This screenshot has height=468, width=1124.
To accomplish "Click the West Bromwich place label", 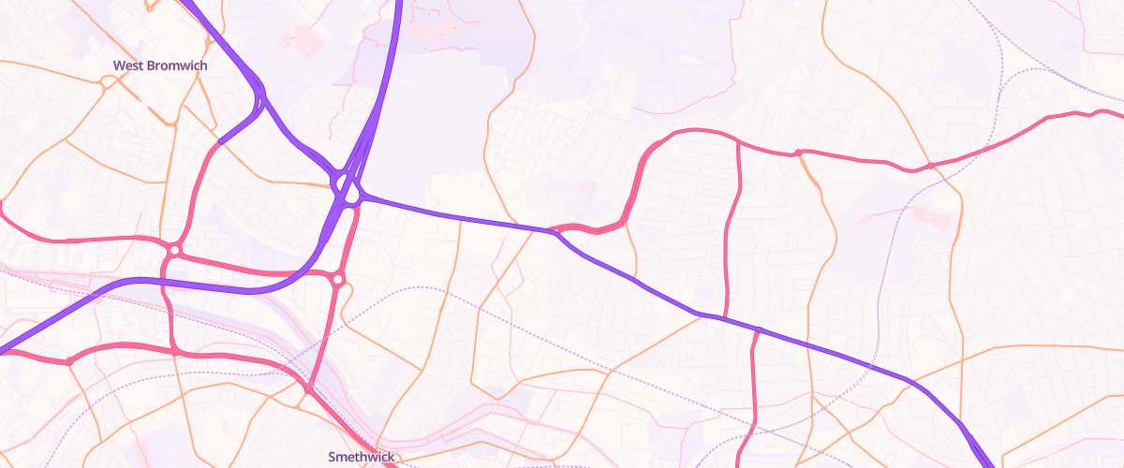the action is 160,66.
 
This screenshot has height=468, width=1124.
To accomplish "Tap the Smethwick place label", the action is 361,457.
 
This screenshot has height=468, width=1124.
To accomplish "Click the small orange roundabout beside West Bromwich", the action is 107,81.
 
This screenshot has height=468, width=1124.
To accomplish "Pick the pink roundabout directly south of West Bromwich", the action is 174,250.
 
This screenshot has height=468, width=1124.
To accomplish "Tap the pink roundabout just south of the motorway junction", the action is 337,278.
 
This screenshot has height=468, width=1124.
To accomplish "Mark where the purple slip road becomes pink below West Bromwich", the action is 221,141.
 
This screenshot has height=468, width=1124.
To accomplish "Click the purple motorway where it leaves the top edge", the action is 398,4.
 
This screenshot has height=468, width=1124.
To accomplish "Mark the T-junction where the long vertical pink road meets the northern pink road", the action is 738,142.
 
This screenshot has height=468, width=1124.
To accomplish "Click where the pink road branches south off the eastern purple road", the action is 757,329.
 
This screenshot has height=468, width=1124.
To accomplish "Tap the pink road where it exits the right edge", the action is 1119,115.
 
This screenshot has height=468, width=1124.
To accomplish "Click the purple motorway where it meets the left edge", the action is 4,352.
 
